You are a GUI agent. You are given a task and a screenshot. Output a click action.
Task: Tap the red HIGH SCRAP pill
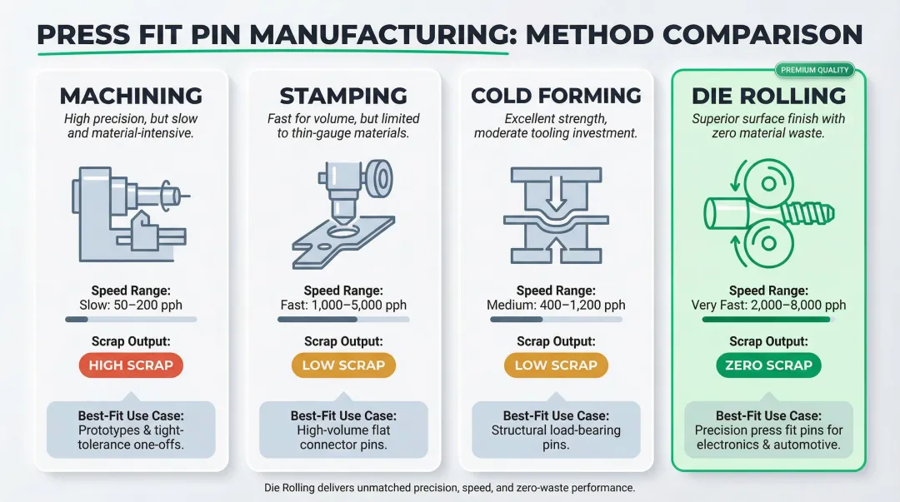tap(131, 365)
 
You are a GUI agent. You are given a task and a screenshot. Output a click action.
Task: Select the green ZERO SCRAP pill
tap(768, 365)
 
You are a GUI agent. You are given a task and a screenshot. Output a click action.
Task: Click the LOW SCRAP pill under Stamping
tap(343, 365)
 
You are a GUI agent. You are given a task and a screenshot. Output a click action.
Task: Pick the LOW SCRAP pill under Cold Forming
tap(556, 365)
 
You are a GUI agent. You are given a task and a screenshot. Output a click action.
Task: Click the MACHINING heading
tap(131, 95)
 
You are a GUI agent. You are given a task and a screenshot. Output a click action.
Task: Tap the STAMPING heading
tap(343, 95)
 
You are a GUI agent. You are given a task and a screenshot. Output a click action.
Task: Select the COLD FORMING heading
tap(556, 95)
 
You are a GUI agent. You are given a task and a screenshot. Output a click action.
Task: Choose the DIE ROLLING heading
tap(768, 95)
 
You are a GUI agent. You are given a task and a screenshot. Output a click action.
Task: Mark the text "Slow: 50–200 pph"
tap(131, 305)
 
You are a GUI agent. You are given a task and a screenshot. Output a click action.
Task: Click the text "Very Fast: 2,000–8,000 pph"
tap(768, 305)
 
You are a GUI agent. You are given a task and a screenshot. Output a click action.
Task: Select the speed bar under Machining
tap(131, 319)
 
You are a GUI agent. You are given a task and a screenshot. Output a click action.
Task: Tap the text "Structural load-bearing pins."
tap(556, 437)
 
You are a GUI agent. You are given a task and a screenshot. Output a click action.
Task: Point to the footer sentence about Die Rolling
tap(450, 487)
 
